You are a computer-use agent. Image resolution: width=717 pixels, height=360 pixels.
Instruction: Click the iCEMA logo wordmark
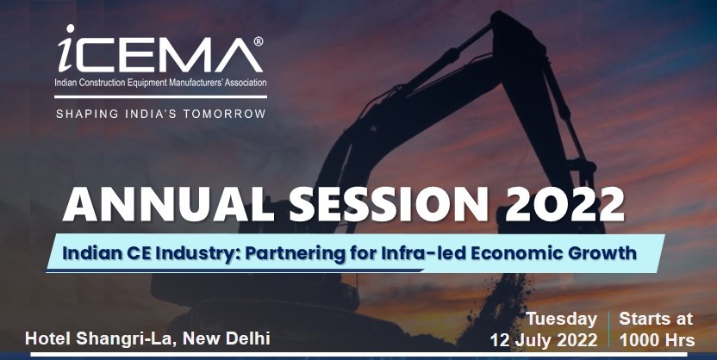point(160,49)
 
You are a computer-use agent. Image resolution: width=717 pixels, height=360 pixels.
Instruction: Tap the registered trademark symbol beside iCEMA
point(259,41)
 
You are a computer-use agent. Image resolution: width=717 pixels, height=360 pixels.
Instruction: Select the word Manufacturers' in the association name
point(199,83)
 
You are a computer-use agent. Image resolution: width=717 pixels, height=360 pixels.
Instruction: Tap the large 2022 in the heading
point(564,204)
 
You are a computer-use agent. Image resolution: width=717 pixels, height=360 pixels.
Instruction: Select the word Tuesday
point(562,320)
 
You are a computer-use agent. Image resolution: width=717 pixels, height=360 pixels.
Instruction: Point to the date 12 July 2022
point(544,340)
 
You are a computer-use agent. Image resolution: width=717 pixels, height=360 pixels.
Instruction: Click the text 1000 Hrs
point(657,340)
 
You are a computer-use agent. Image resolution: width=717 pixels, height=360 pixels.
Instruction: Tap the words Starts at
point(656,319)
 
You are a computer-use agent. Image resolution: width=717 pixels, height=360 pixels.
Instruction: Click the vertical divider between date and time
point(608,329)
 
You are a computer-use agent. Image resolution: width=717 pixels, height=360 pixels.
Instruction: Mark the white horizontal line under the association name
point(160,96)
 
